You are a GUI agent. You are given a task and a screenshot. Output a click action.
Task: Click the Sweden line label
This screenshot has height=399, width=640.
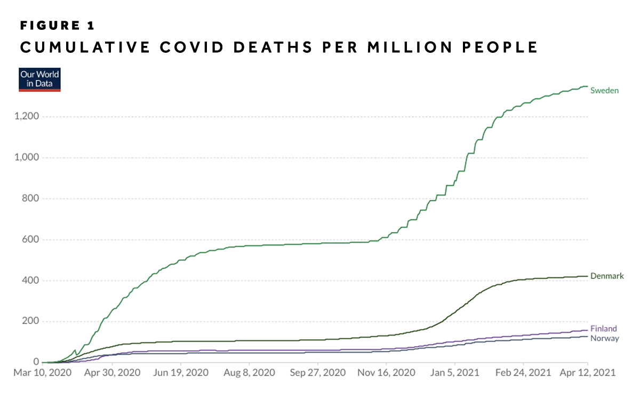[604, 91]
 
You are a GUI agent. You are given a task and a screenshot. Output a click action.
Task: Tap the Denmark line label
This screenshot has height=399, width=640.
[607, 276]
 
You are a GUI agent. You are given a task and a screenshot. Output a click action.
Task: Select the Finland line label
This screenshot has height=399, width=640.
[604, 329]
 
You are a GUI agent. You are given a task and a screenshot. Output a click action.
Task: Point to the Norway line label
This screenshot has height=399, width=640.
[604, 338]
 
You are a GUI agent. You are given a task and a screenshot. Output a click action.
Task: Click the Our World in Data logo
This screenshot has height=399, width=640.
[39, 79]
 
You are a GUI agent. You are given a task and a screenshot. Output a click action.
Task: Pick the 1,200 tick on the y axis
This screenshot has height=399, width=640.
[27, 117]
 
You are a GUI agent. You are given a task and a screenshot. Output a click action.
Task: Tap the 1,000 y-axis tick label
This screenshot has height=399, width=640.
[27, 158]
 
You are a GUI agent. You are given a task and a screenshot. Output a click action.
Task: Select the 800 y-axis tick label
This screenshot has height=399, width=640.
[31, 198]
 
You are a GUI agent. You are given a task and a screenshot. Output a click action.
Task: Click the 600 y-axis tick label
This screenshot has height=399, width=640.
[31, 240]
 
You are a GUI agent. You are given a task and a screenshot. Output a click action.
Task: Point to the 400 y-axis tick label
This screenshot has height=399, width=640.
[31, 281]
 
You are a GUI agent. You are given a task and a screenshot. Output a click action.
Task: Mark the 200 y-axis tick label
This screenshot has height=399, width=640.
[31, 322]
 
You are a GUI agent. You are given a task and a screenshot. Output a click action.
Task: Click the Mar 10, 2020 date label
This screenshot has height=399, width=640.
[45, 373]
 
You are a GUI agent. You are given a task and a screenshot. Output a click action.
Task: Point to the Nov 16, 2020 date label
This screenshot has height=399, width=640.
[388, 373]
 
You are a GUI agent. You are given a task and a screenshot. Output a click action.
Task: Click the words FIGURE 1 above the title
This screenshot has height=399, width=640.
[57, 26]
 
